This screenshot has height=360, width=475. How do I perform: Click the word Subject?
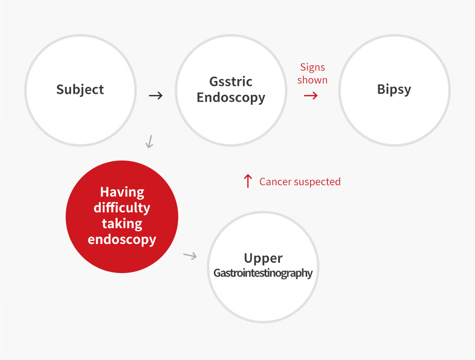pos(80,90)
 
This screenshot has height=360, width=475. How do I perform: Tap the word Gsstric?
pos(231,81)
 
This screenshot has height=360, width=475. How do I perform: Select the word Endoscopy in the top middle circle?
pos(231,98)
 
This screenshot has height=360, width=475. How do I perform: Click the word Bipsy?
pos(394,90)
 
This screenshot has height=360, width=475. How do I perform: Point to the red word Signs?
pos(313,67)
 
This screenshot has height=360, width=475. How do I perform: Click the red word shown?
pos(313,80)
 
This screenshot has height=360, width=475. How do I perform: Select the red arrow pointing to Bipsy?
pos(311,96)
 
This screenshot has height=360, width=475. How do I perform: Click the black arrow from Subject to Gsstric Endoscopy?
pos(156,96)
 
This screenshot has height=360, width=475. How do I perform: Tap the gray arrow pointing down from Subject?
pos(149,142)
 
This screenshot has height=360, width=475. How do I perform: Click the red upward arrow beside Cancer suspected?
pos(248,181)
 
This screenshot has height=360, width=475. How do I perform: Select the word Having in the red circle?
pos(122,193)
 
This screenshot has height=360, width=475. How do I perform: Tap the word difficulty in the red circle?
pos(122,208)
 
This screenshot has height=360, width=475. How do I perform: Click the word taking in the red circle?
pos(122,224)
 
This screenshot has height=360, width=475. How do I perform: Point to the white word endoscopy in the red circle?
pos(122,240)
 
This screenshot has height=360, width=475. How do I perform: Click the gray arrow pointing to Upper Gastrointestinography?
pos(190,256)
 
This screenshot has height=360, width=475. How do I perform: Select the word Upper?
pos(263,259)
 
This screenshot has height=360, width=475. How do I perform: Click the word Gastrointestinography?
pos(263,274)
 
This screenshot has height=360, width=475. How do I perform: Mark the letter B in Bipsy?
pos(381,89)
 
